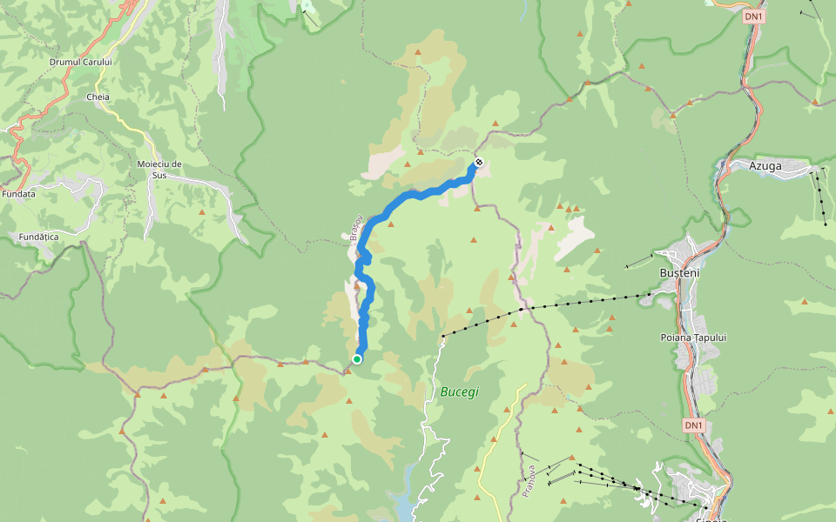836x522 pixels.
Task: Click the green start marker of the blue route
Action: [357, 358]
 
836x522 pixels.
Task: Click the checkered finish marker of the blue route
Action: [478, 162]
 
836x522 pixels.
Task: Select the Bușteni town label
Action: [680, 272]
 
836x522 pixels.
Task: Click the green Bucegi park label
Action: [459, 392]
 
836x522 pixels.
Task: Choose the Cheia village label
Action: [98, 97]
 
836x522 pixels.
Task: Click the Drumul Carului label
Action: [81, 62]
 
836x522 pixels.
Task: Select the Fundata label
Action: [18, 194]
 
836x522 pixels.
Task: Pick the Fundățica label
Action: [38, 236]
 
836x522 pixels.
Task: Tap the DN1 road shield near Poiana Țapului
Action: [693, 425]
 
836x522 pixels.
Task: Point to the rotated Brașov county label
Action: [354, 227]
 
